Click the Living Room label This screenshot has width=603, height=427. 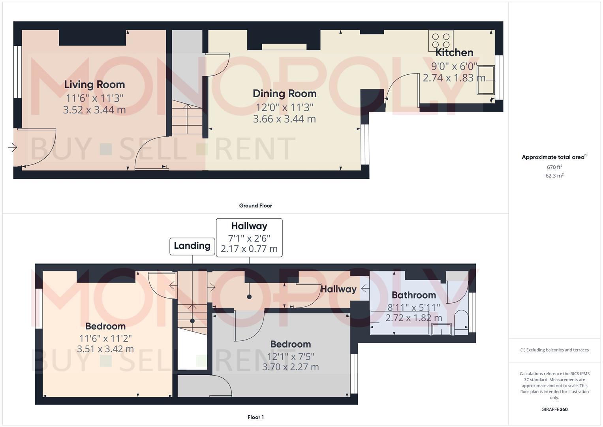pos(94,85)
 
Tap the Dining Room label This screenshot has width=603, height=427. pos(284,94)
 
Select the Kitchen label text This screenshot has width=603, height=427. pos(454,53)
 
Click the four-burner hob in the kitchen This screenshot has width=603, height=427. pos(441,41)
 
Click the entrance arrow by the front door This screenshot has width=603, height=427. pos(13,147)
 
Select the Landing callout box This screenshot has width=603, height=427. pos(192,246)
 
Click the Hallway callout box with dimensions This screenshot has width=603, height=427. pos(249,237)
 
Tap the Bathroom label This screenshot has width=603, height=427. pos(413,295)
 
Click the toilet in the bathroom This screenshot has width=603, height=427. pos(460,322)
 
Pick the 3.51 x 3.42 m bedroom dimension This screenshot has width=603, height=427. pos(105,349)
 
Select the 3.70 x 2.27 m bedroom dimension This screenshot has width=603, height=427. pos(291,367)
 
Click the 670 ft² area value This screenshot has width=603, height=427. pos(554,167)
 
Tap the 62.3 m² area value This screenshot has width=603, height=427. pos(554,176)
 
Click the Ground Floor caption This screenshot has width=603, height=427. pos(255,206)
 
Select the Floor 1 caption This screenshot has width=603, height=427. pos(255,417)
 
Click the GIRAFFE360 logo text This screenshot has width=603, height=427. pos(554,410)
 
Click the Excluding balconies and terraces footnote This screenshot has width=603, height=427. pos(554,350)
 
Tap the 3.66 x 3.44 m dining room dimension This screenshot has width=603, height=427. pos(284,119)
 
